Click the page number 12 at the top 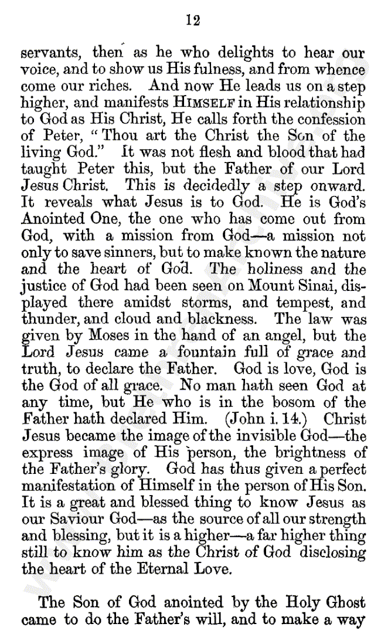[193, 21]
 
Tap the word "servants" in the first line [49, 53]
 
